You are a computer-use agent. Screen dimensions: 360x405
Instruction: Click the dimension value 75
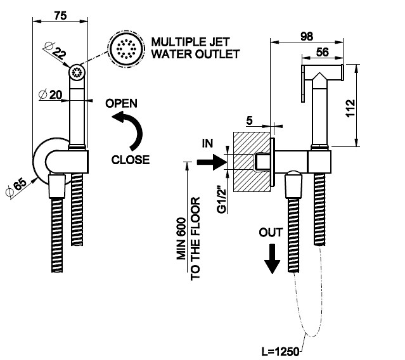pyautogui.click(x=61, y=16)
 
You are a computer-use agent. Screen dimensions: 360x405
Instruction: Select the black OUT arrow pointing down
pyautogui.click(x=272, y=258)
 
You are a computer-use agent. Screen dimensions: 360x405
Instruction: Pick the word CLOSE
pyautogui.click(x=131, y=159)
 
